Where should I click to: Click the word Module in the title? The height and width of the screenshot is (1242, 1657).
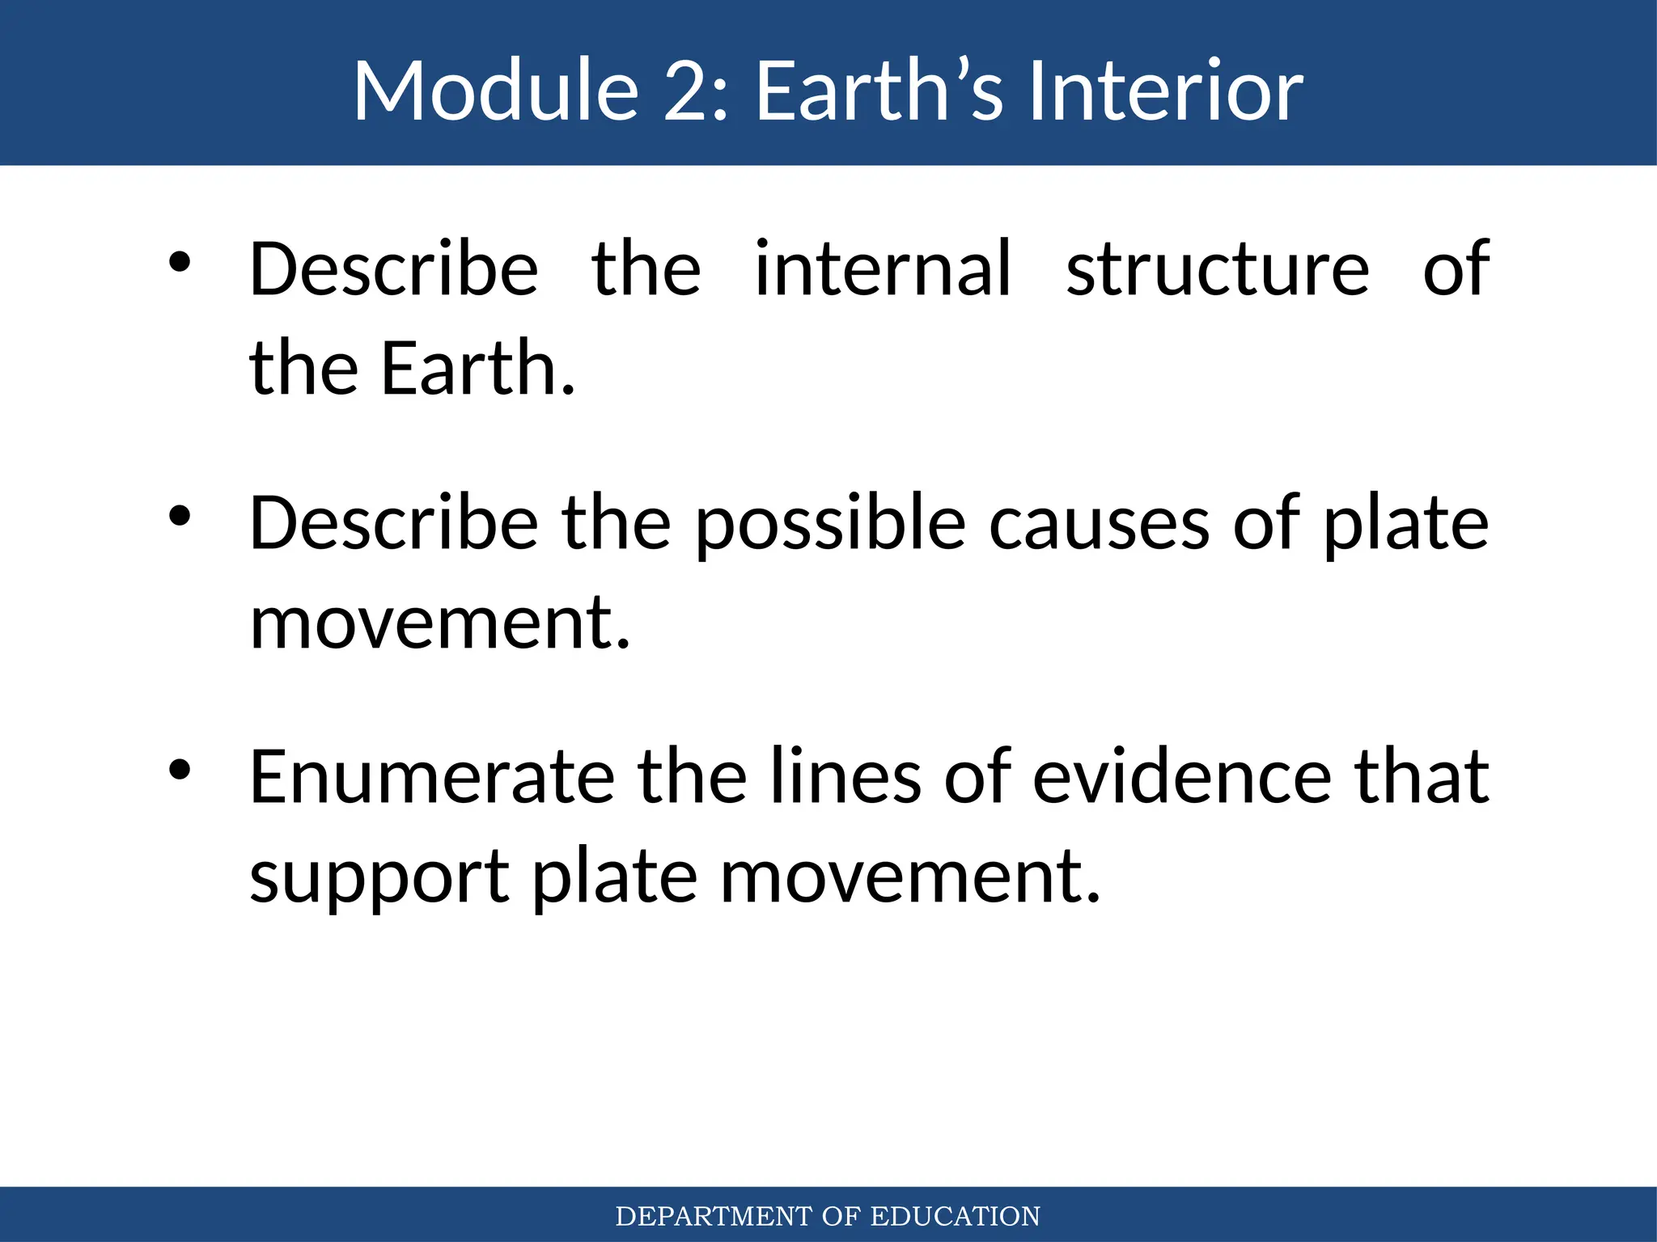click(496, 91)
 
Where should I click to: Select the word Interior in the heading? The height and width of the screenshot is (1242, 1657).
click(1165, 91)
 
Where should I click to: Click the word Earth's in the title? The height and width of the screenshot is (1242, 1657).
click(879, 91)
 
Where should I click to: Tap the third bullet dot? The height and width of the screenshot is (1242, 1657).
click(179, 770)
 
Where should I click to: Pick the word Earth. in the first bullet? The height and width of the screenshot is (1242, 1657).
click(477, 369)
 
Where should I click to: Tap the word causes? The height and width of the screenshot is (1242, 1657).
click(1099, 524)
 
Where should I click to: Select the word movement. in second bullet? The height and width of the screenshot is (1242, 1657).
click(439, 623)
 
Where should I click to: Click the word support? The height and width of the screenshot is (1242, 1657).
click(379, 878)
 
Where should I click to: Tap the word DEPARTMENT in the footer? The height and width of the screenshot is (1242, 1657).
click(713, 1216)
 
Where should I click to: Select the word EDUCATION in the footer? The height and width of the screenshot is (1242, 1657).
click(955, 1216)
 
